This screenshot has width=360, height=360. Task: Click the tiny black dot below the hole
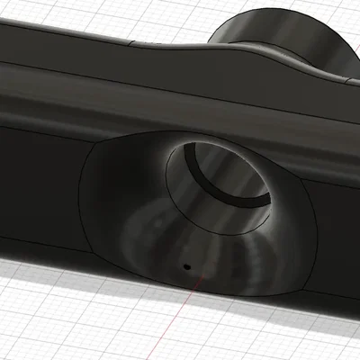(186, 266)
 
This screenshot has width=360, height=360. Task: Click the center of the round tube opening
(225, 180)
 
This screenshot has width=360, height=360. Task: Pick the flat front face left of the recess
(36, 189)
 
